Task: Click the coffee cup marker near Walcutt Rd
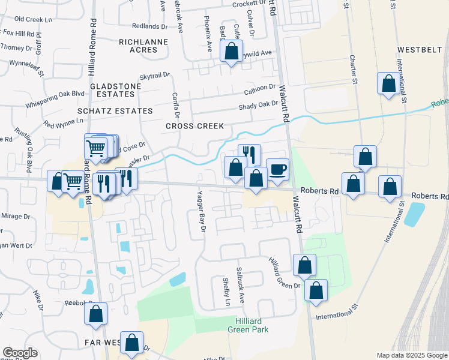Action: pos(277,169)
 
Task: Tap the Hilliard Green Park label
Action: pos(248,325)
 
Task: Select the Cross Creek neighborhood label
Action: pos(194,126)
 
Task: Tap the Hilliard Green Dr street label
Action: pos(284,273)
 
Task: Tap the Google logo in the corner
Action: pos(20,353)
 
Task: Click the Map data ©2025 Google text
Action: pos(412,355)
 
